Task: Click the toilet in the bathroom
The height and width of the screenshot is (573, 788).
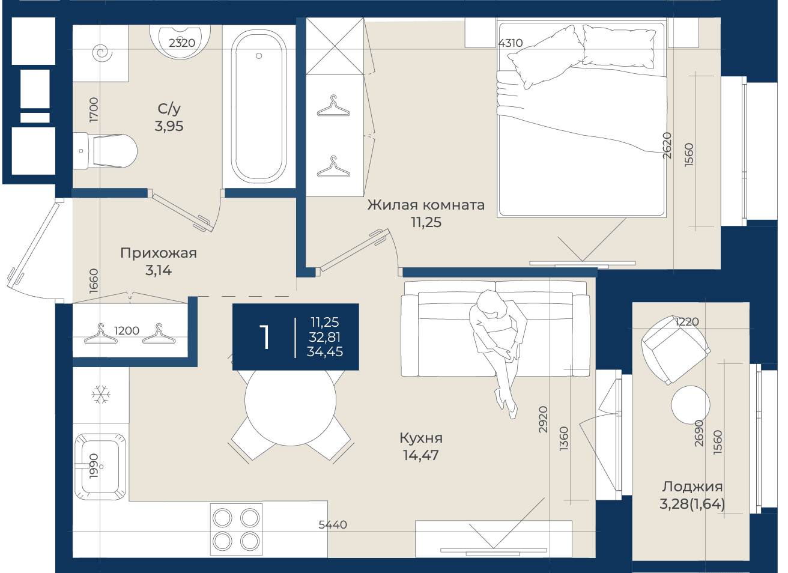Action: pyautogui.click(x=105, y=151)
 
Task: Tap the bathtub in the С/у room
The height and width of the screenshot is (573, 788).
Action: pyautogui.click(x=259, y=106)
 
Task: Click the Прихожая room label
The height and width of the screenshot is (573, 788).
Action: pyautogui.click(x=159, y=253)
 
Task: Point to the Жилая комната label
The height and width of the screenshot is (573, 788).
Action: pyautogui.click(x=426, y=205)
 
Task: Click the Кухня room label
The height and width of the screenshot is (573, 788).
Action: pyautogui.click(x=421, y=438)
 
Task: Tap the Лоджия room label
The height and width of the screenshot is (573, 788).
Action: pyautogui.click(x=693, y=487)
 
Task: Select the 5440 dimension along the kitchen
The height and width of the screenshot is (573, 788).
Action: pyautogui.click(x=333, y=525)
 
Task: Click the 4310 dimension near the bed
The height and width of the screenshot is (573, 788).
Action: pyautogui.click(x=511, y=43)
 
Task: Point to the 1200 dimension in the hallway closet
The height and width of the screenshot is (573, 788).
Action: pyautogui.click(x=127, y=330)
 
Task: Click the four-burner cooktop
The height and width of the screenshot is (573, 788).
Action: pyautogui.click(x=237, y=529)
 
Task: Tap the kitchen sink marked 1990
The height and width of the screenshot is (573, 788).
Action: pyautogui.click(x=100, y=467)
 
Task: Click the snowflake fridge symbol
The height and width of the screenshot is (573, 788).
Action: pyautogui.click(x=101, y=394)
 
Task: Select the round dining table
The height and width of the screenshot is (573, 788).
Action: pyautogui.click(x=290, y=401)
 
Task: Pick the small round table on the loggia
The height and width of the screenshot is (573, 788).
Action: pyautogui.click(x=691, y=405)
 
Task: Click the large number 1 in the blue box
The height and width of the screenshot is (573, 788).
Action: pyautogui.click(x=264, y=336)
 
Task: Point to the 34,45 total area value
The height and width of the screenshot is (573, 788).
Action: pyautogui.click(x=325, y=352)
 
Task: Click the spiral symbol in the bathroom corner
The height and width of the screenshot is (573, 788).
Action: pyautogui.click(x=102, y=53)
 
